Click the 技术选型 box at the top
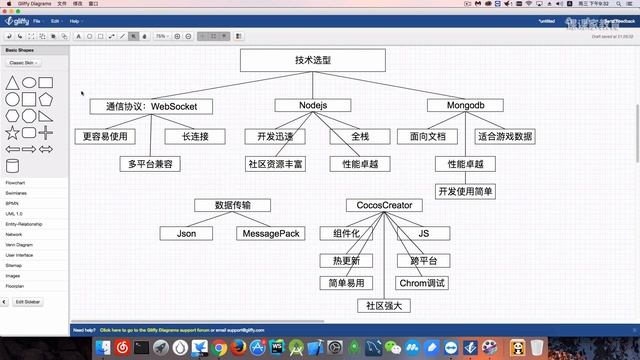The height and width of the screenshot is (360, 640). (312, 60)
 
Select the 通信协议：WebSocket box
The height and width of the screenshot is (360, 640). (143, 105)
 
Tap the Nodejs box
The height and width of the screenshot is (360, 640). (312, 105)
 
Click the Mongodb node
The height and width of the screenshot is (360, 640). (465, 105)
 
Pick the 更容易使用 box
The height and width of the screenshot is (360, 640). (106, 136)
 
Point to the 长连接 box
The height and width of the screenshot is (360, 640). (195, 136)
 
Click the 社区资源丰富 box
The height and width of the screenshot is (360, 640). (275, 163)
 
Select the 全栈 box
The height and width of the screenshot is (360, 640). (360, 136)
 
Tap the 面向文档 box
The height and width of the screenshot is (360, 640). (427, 136)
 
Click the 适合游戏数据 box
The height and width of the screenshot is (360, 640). (504, 136)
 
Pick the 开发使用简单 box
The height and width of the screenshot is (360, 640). (466, 190)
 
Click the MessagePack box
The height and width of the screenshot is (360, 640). (268, 233)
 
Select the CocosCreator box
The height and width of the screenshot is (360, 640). (384, 205)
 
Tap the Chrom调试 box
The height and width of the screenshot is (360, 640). (420, 283)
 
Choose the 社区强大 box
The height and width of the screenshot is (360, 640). (384, 306)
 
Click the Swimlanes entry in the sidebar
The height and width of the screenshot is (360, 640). (16, 192)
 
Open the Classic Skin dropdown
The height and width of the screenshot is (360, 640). (26, 62)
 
